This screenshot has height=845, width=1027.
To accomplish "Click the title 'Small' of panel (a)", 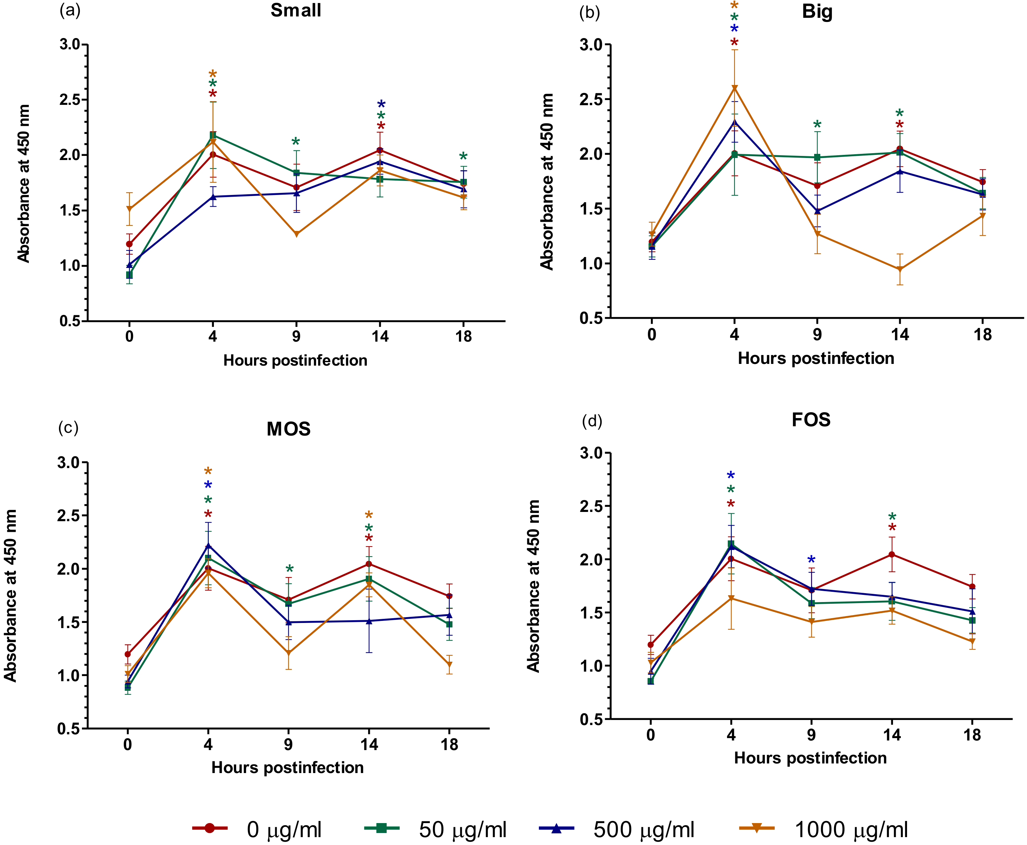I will (295, 11).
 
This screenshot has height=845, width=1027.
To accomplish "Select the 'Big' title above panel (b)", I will (817, 12).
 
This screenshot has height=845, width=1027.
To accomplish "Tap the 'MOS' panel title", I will (288, 429).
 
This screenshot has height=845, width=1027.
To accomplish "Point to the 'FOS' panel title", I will (811, 419).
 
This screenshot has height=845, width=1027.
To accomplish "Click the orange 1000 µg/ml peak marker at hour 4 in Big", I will (734, 88).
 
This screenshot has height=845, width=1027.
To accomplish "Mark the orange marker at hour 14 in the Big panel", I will (900, 269).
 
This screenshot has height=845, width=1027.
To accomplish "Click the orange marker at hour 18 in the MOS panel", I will (449, 665).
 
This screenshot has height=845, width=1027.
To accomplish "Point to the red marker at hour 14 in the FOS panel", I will (892, 554).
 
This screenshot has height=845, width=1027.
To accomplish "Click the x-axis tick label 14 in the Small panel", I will (380, 336).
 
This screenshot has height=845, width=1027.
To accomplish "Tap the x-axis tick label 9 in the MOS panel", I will (289, 744).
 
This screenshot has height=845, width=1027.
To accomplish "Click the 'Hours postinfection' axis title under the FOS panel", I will (810, 758).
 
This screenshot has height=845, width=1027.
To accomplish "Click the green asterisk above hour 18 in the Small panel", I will (463, 157).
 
